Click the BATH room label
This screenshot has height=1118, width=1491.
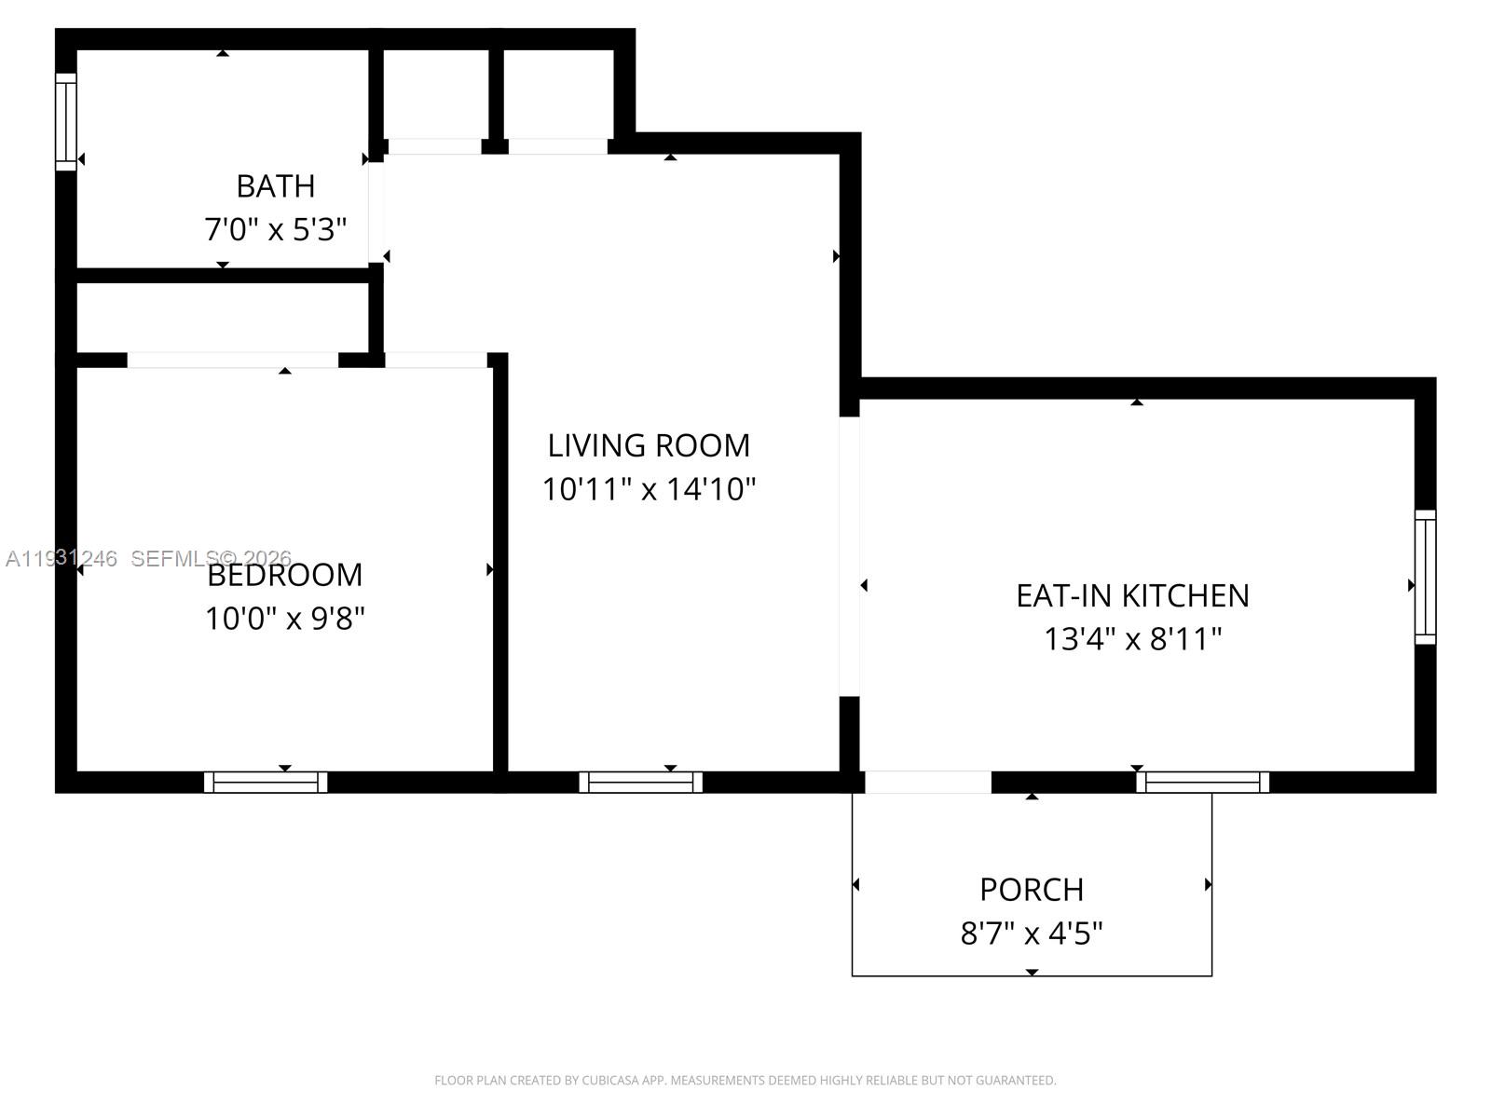click(x=276, y=186)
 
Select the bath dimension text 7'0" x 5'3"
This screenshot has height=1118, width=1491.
click(x=276, y=229)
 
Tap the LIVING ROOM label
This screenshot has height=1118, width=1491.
click(x=649, y=445)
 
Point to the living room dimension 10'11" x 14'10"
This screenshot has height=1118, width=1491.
click(x=649, y=489)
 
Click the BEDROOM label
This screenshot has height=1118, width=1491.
click(x=285, y=575)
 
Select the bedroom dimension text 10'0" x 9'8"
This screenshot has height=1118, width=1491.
click(x=285, y=618)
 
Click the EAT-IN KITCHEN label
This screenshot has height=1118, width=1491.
click(x=1132, y=595)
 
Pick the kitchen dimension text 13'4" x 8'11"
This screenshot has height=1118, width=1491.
click(x=1132, y=639)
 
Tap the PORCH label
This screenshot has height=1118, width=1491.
click(x=1032, y=890)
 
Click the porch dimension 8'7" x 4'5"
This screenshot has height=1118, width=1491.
click(x=1032, y=933)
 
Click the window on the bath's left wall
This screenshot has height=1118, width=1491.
click(x=65, y=122)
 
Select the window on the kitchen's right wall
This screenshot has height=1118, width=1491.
click(x=1425, y=577)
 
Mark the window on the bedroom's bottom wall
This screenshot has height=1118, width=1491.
click(x=266, y=783)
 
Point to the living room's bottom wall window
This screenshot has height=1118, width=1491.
click(x=641, y=783)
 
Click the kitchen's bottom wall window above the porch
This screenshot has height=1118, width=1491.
click(x=1202, y=783)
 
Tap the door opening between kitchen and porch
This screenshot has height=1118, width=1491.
click(x=928, y=783)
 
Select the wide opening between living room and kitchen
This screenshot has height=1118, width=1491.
click(x=849, y=556)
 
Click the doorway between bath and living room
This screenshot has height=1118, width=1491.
click(x=376, y=213)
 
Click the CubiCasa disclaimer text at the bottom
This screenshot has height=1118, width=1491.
click(x=745, y=1081)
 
